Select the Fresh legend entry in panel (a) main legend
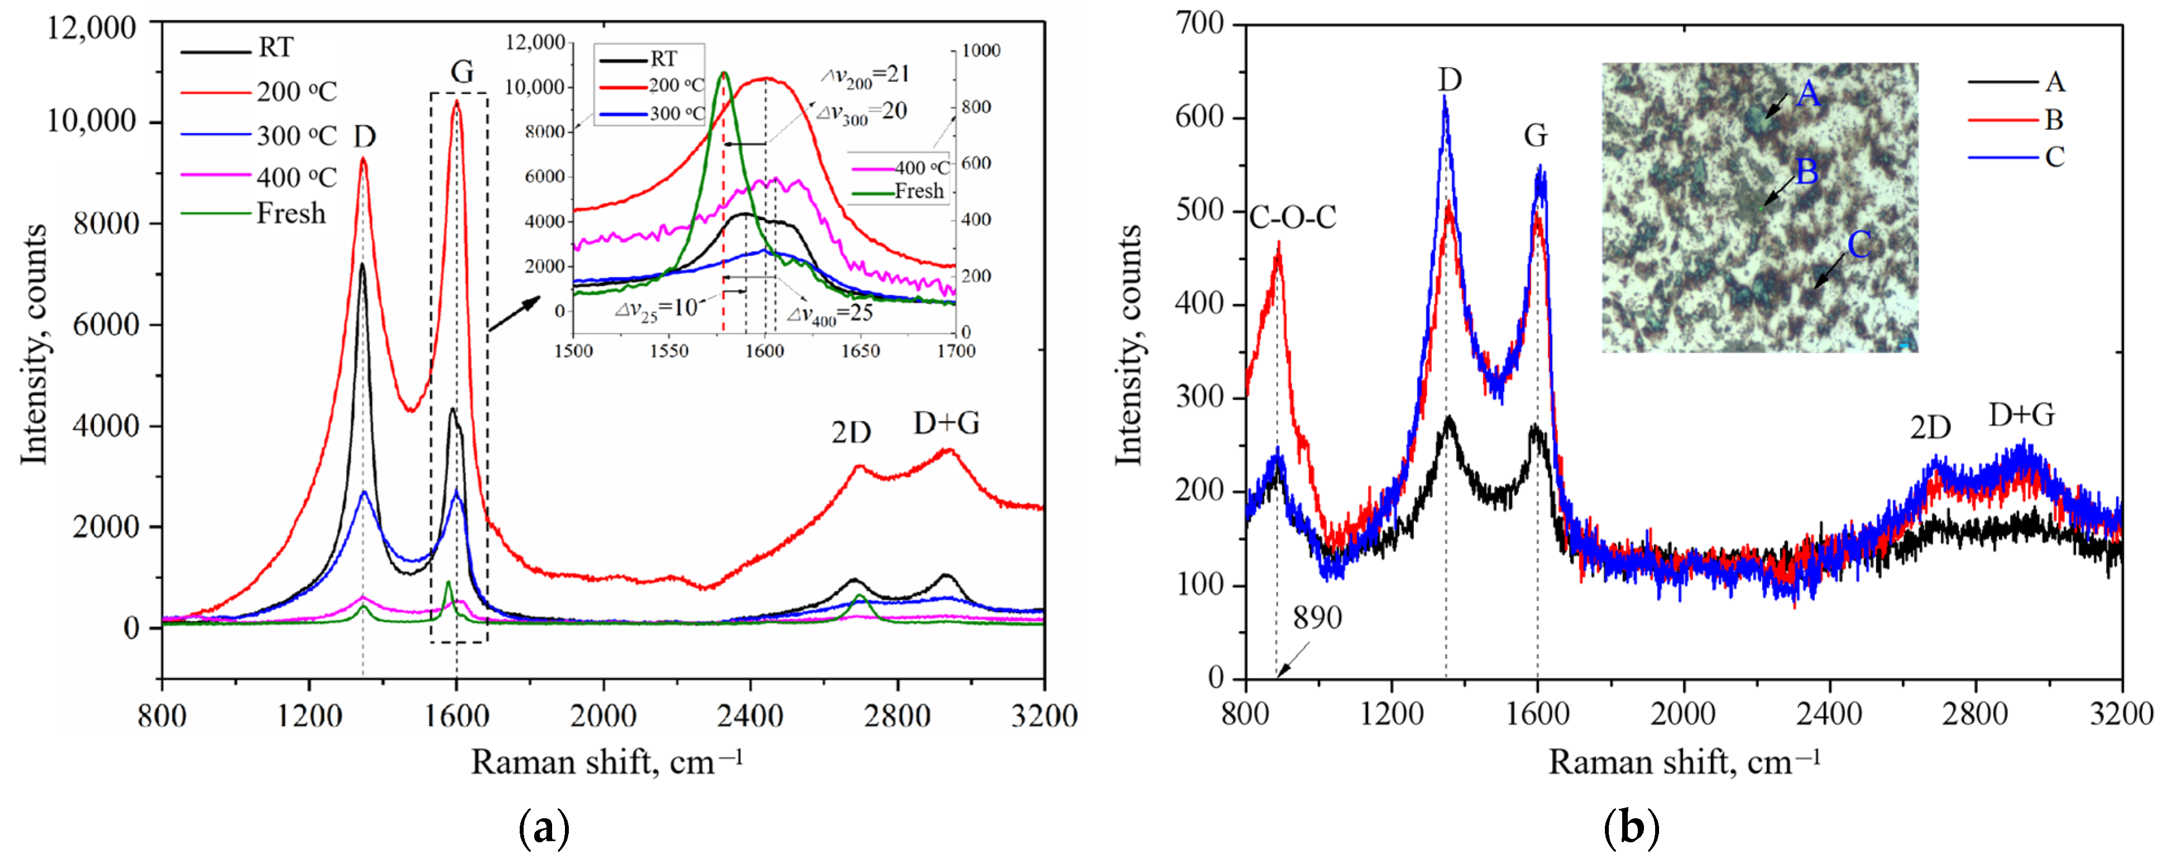coord(290,214)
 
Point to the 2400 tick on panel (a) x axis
coord(750,716)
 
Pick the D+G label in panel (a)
coord(946,424)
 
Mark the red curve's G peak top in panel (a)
coord(457,102)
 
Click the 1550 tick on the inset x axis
coord(668,351)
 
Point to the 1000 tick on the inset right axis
coord(980,50)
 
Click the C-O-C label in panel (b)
coord(1292,217)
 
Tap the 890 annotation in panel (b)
coord(1317,618)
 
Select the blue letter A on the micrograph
coord(1809,93)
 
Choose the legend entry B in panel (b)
coord(2053,120)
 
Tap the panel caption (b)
coord(1630,829)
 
